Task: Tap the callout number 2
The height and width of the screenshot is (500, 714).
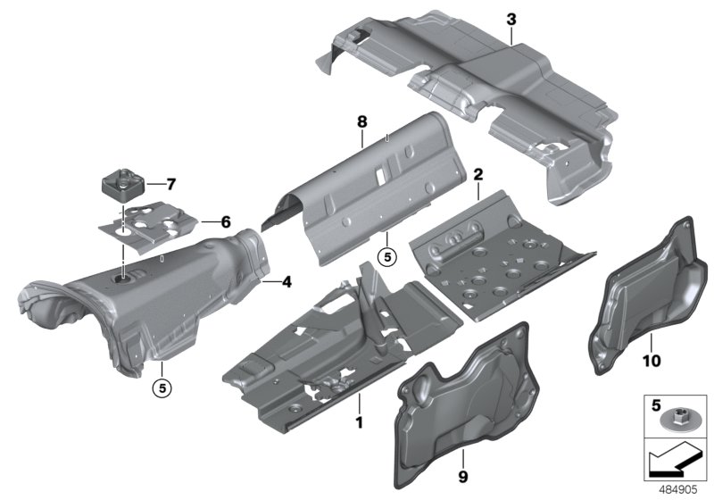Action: point(478,175)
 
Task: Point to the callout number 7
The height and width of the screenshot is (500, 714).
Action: point(170,185)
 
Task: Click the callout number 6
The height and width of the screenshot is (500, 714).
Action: point(226,221)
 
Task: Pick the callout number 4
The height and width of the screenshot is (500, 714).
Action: point(286,283)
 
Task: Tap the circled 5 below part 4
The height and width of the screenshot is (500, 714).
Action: point(162,388)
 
